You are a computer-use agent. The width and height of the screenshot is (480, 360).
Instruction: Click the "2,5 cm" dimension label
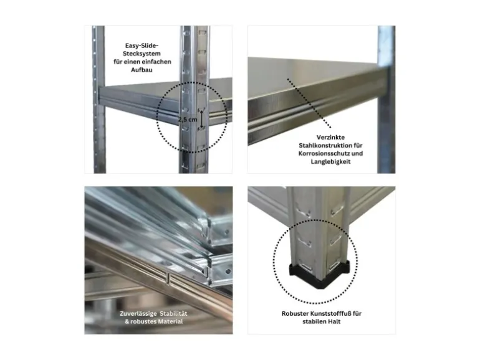click(188, 120)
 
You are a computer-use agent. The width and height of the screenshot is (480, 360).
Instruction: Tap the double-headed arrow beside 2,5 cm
click(202, 119)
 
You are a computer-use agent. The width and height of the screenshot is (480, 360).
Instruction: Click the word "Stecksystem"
click(142, 54)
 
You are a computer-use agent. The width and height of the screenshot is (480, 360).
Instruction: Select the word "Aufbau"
click(142, 70)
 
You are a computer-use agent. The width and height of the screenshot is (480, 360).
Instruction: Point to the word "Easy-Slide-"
click(142, 45)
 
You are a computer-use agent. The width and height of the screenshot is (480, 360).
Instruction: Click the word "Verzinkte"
click(330, 137)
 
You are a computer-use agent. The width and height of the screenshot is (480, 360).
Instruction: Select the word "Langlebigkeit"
click(330, 161)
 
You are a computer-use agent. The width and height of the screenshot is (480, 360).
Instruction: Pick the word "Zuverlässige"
click(138, 313)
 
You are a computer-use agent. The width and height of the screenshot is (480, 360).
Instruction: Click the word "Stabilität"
click(173, 313)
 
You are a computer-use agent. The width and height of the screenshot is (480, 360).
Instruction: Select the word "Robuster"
click(295, 313)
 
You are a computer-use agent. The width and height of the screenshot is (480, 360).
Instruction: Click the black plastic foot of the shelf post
click(320, 274)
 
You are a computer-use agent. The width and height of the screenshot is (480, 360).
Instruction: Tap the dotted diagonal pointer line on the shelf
click(309, 103)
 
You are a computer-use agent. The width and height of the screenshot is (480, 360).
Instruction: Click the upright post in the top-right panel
click(386, 100)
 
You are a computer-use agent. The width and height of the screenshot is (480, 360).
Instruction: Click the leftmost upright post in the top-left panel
click(98, 100)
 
